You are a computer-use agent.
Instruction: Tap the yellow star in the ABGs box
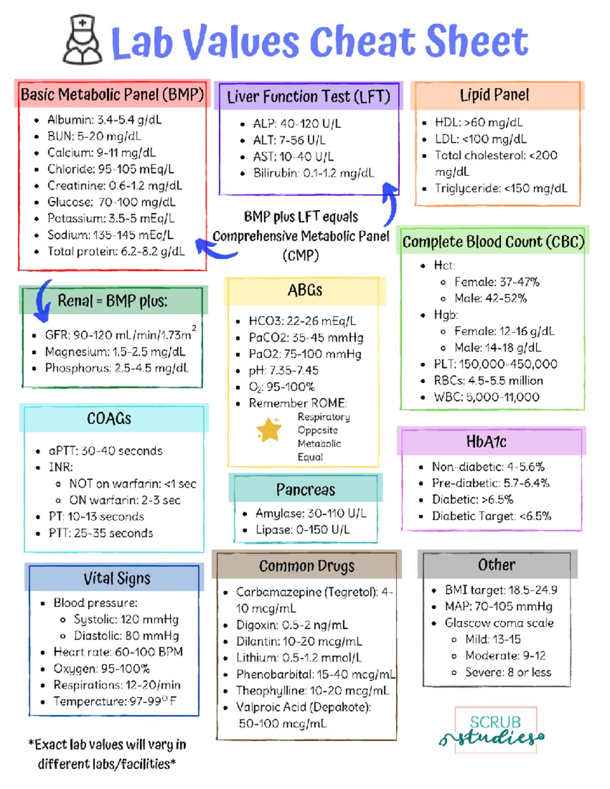269,429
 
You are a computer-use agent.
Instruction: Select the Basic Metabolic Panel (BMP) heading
112,94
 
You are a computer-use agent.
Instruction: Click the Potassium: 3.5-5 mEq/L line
111,218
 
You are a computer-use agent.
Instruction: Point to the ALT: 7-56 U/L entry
289,140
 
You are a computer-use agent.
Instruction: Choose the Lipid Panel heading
495,95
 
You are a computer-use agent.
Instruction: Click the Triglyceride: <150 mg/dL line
501,188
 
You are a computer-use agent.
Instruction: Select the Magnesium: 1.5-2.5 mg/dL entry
115,352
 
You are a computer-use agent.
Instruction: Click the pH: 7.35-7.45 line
284,370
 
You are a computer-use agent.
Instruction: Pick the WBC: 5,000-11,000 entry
486,397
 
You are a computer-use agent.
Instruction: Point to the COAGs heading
109,419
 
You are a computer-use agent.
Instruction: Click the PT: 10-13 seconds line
97,517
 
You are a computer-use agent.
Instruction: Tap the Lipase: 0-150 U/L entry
302,530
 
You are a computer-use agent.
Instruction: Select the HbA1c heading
486,442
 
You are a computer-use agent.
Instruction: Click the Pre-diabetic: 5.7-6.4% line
491,483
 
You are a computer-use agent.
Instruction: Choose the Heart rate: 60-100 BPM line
118,652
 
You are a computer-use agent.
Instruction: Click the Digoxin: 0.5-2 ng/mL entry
292,625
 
